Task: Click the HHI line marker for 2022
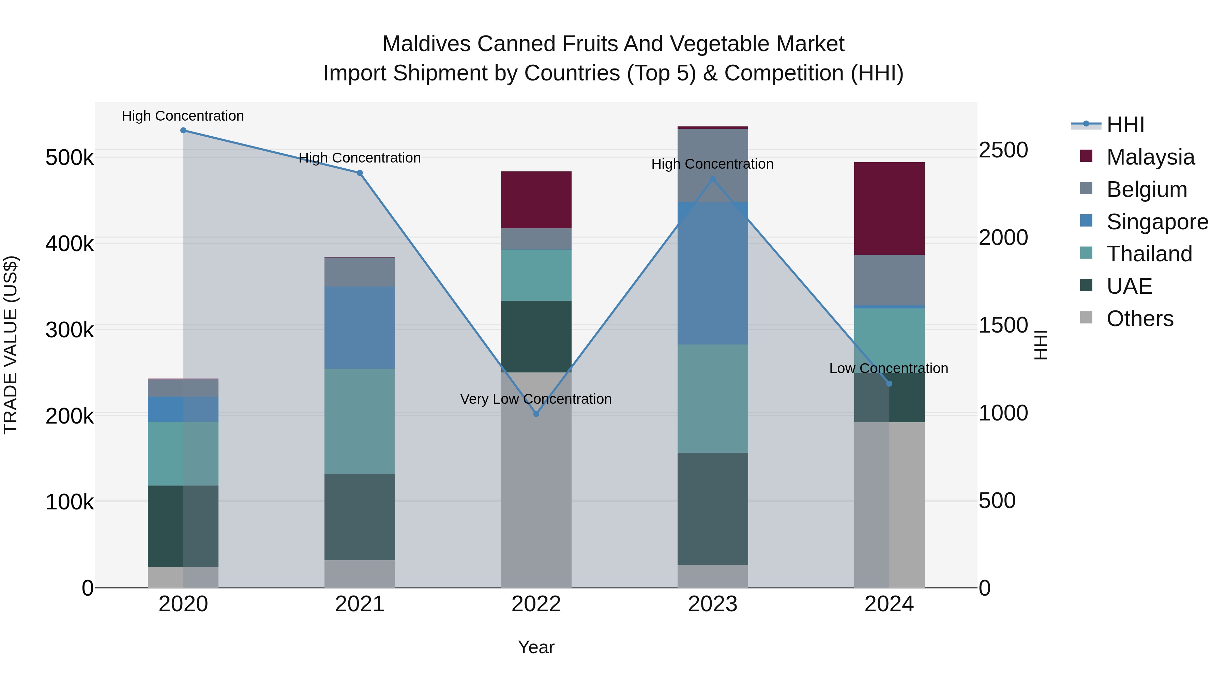(x=536, y=414)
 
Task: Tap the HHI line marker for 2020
(x=183, y=130)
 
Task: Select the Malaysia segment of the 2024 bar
(x=889, y=208)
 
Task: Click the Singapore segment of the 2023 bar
(x=713, y=273)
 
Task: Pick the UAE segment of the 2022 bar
(x=536, y=336)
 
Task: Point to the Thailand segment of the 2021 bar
(x=360, y=421)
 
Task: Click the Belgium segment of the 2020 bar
(x=183, y=388)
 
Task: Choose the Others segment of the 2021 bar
(x=360, y=573)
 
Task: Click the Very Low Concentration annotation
(x=536, y=399)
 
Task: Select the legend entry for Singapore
(x=1157, y=222)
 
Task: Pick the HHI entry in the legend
(x=1125, y=125)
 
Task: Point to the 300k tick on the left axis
(x=70, y=329)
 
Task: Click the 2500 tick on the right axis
(x=1003, y=150)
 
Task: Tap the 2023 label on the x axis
(x=713, y=604)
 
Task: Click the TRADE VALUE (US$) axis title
(x=11, y=345)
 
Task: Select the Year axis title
(x=536, y=647)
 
